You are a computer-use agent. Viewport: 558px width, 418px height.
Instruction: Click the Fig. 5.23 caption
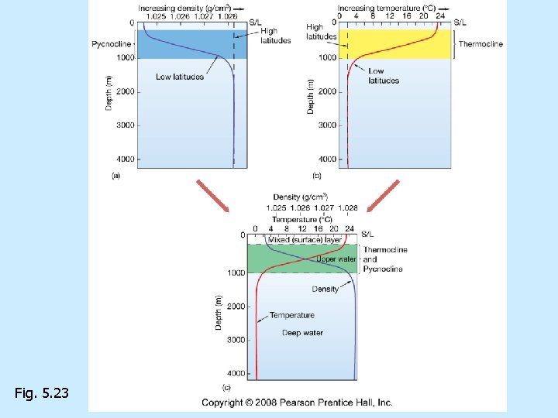[x=41, y=394]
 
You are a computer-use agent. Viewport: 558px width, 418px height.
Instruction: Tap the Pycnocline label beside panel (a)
[x=112, y=44]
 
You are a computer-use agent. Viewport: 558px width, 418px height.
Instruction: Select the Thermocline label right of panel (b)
[x=480, y=44]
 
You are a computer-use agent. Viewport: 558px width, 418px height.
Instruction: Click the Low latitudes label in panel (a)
[x=180, y=77]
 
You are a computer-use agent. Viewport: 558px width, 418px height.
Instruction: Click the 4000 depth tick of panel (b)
[x=325, y=159]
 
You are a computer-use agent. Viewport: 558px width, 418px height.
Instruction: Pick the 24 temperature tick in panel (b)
[x=440, y=15]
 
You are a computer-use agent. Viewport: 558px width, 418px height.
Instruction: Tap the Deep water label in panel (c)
[x=303, y=333]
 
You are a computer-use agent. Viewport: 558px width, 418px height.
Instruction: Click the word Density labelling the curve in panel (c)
[x=325, y=289]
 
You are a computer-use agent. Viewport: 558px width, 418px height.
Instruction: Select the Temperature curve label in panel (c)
[x=292, y=315]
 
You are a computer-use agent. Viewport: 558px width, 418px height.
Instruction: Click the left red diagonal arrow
[x=212, y=196]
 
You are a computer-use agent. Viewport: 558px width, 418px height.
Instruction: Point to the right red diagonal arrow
[x=384, y=196]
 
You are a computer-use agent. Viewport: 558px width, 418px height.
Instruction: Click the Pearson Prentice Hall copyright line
[x=298, y=403]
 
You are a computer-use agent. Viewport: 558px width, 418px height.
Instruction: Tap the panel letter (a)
[x=115, y=176]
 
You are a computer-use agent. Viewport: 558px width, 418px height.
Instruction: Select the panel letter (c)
[x=226, y=387]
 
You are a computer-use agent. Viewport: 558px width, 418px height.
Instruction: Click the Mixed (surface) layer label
[x=305, y=240]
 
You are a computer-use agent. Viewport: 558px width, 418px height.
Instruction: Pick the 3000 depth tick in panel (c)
[x=236, y=340]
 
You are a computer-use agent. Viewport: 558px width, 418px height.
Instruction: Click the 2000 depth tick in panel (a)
[x=124, y=91]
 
